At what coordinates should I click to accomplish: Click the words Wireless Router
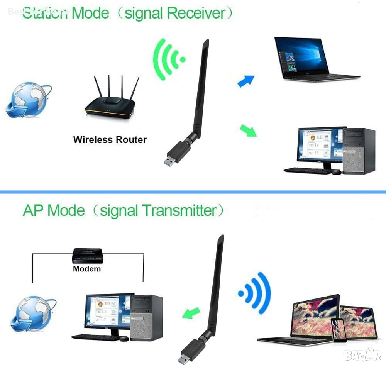(x=110, y=139)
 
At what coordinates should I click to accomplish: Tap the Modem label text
(x=86, y=269)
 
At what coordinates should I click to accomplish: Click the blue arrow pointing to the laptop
(x=246, y=81)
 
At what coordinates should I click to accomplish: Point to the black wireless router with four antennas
(x=110, y=104)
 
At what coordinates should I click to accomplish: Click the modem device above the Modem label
(x=87, y=255)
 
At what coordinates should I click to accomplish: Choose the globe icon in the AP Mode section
(x=32, y=313)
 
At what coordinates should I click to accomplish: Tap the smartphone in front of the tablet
(x=339, y=329)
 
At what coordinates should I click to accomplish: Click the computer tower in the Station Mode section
(x=359, y=151)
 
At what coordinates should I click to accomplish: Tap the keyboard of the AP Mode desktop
(x=95, y=337)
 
